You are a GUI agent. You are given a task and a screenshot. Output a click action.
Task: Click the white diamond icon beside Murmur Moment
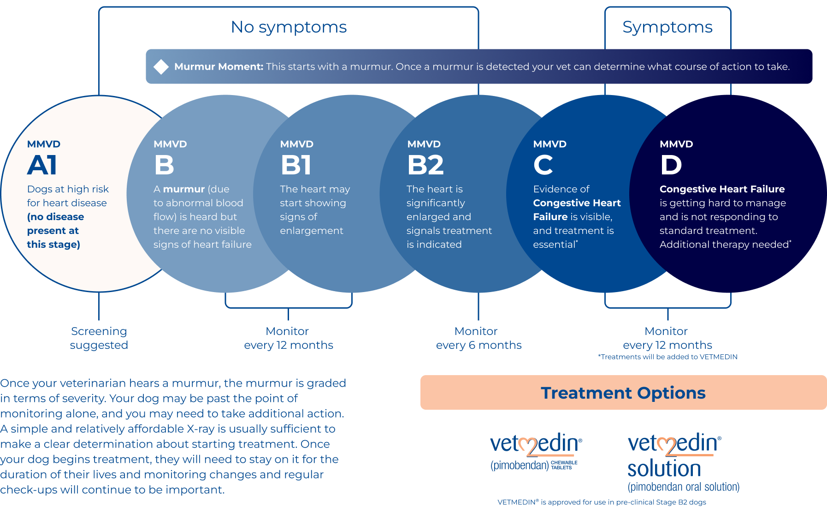161,66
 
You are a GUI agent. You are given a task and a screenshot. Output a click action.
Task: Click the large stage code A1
42,165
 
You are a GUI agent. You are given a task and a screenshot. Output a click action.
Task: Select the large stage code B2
425,165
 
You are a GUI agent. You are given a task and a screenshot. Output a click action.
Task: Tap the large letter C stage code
543,165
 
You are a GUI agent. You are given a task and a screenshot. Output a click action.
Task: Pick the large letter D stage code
671,165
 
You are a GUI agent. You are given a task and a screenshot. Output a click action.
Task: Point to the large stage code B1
296,165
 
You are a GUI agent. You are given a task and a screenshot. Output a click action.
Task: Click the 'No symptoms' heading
289,27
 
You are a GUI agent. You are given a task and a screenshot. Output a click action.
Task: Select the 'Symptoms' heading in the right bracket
668,27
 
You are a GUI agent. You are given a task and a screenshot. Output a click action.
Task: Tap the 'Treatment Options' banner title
623,393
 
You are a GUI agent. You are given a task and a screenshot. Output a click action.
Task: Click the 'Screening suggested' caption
99,338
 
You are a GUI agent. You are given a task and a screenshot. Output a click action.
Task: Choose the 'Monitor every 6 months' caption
478,338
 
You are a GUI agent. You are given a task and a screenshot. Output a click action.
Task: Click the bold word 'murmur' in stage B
184,189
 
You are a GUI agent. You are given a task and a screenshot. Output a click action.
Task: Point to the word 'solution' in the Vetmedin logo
664,468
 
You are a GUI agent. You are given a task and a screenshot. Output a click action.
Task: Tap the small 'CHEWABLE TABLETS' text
564,465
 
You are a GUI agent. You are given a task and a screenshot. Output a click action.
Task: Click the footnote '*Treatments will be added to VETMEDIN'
668,357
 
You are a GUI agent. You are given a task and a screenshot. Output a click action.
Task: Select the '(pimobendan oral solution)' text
684,487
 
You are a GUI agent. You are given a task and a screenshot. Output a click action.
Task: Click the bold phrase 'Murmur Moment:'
219,66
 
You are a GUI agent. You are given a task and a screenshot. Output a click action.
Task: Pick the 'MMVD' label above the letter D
676,144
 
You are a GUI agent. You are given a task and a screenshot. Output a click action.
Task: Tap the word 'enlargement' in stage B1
312,231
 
